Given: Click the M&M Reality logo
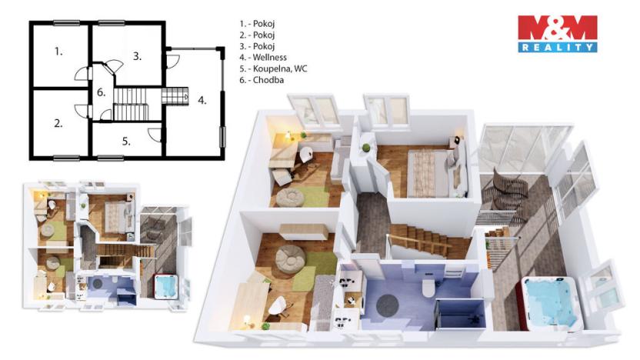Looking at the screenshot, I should pyautogui.click(x=557, y=34).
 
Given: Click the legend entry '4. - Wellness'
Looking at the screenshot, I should pyautogui.click(x=263, y=57).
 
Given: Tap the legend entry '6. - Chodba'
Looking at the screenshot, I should pyautogui.click(x=261, y=80).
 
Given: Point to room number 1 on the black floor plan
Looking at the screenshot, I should pyautogui.click(x=58, y=52).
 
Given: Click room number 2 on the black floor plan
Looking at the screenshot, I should pyautogui.click(x=58, y=122).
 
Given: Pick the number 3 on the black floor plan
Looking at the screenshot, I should pyautogui.click(x=137, y=55).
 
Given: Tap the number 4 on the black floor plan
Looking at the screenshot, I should pyautogui.click(x=202, y=100).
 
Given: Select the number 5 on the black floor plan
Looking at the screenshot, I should pyautogui.click(x=126, y=141).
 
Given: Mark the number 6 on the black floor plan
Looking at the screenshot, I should pyautogui.click(x=101, y=93).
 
